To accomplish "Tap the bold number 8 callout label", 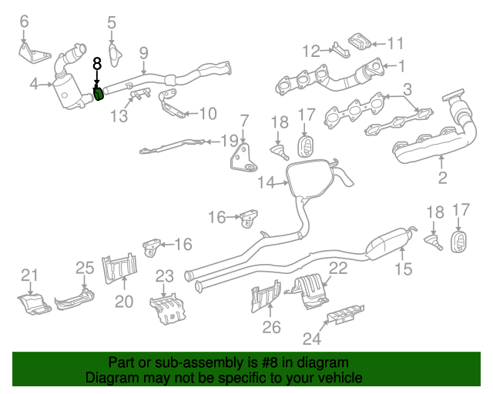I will [x=97, y=65].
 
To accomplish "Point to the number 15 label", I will [x=404, y=269].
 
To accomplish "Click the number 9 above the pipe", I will [x=143, y=52].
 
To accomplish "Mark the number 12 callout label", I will [x=311, y=52].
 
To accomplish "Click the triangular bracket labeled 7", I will [x=244, y=156].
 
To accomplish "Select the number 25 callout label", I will [x=84, y=268].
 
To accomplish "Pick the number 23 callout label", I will [x=165, y=276].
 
